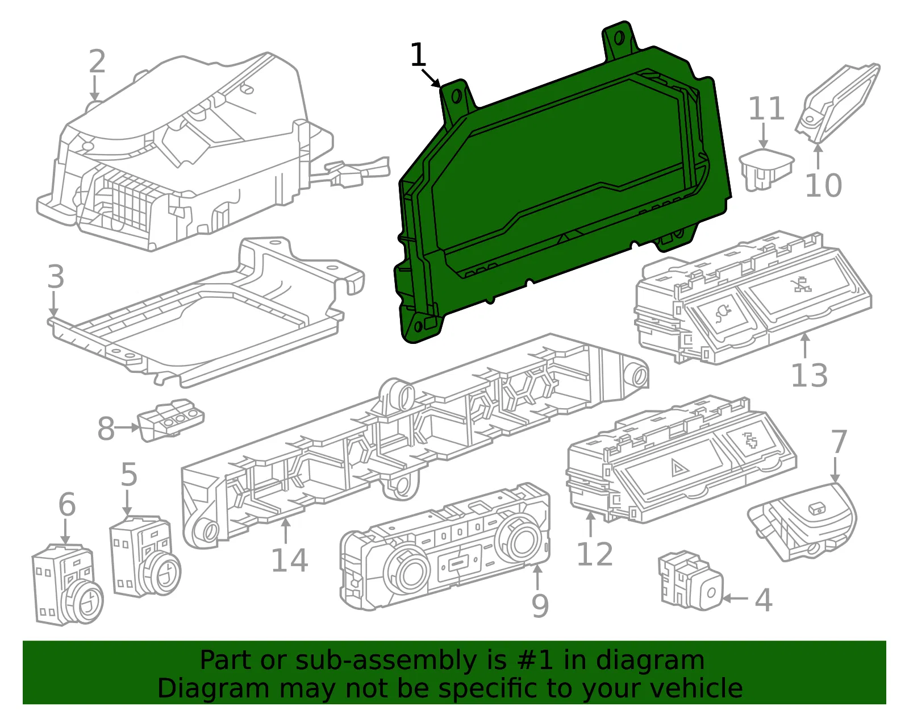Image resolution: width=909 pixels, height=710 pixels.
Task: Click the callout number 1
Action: coord(418,55)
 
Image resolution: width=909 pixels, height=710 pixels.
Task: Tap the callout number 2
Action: coord(97,61)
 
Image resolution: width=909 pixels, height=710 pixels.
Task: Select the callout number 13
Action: coord(809,375)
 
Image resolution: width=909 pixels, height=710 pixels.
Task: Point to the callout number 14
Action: coord(290,560)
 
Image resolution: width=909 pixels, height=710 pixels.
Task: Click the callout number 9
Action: coord(540,605)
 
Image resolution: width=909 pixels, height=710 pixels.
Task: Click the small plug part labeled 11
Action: coord(766,169)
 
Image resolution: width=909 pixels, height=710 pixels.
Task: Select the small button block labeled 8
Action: coord(171,420)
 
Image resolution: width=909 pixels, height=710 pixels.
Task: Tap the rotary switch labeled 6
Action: coord(68,585)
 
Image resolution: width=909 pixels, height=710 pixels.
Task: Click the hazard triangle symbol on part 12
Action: coord(678,468)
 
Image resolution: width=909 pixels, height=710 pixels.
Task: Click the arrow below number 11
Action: coord(764,135)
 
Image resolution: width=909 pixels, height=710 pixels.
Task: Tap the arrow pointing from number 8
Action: coord(127,427)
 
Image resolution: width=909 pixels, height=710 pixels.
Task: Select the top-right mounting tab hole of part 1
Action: coord(619,39)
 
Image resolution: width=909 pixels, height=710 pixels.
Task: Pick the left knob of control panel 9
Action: coord(407,574)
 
